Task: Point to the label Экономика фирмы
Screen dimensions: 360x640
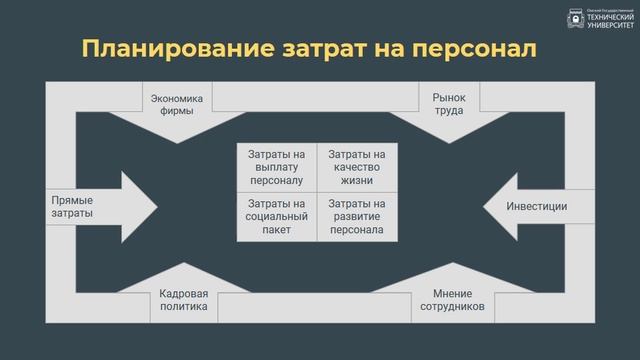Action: [x=177, y=105]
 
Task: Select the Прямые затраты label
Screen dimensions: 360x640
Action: [x=72, y=207]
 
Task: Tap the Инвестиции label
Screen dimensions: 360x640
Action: [x=537, y=207]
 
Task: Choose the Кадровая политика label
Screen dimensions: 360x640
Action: [x=184, y=300]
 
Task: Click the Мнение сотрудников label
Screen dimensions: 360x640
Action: [x=459, y=300]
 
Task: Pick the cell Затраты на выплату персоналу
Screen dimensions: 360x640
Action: [x=277, y=168]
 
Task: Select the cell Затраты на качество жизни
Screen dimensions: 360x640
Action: [x=357, y=168]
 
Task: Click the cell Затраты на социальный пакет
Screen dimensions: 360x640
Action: [x=277, y=216]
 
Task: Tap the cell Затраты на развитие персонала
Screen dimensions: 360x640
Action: [x=357, y=216]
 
